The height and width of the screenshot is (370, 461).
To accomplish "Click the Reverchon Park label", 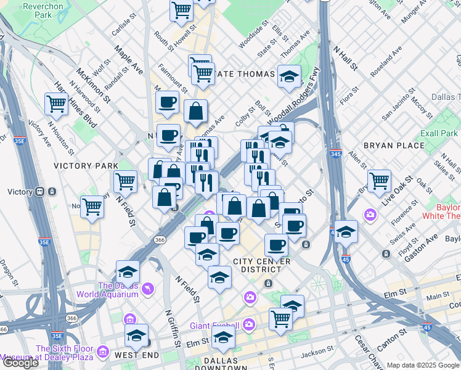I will click(x=43, y=10).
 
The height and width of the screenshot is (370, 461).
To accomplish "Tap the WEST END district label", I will click(x=137, y=355).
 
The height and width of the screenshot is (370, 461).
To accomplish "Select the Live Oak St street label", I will click(x=396, y=192).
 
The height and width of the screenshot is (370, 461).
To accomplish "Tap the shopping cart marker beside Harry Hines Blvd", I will click(x=56, y=104).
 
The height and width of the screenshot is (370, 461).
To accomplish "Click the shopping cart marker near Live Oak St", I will click(x=378, y=180).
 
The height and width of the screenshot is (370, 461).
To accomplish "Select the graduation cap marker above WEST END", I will click(x=136, y=336).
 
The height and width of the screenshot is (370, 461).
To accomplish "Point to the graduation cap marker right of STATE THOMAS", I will click(x=289, y=76).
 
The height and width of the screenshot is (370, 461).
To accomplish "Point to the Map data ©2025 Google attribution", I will click(x=423, y=365).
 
